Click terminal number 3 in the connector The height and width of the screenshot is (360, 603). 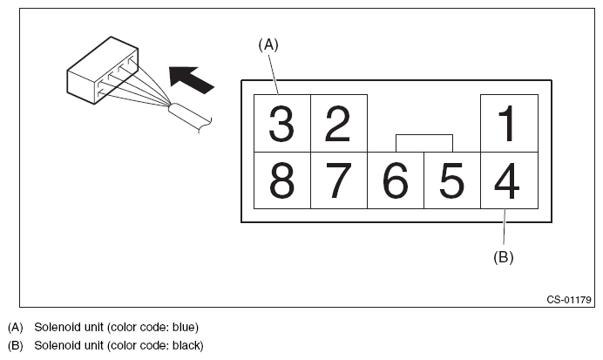coord(281,124)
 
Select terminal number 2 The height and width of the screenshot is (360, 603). coord(338,124)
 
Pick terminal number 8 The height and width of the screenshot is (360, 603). coord(281,180)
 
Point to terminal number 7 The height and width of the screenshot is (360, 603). coord(338,180)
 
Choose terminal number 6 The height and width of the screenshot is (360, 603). coord(395,180)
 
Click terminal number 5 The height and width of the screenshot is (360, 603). coord(451,180)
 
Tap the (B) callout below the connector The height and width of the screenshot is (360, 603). coord(504,257)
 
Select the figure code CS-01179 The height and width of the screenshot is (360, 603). coord(569,300)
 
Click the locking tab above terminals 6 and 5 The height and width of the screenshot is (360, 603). coord(423,142)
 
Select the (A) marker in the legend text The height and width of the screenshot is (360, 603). coord(15,328)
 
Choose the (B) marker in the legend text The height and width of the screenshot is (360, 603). coord(15,345)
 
